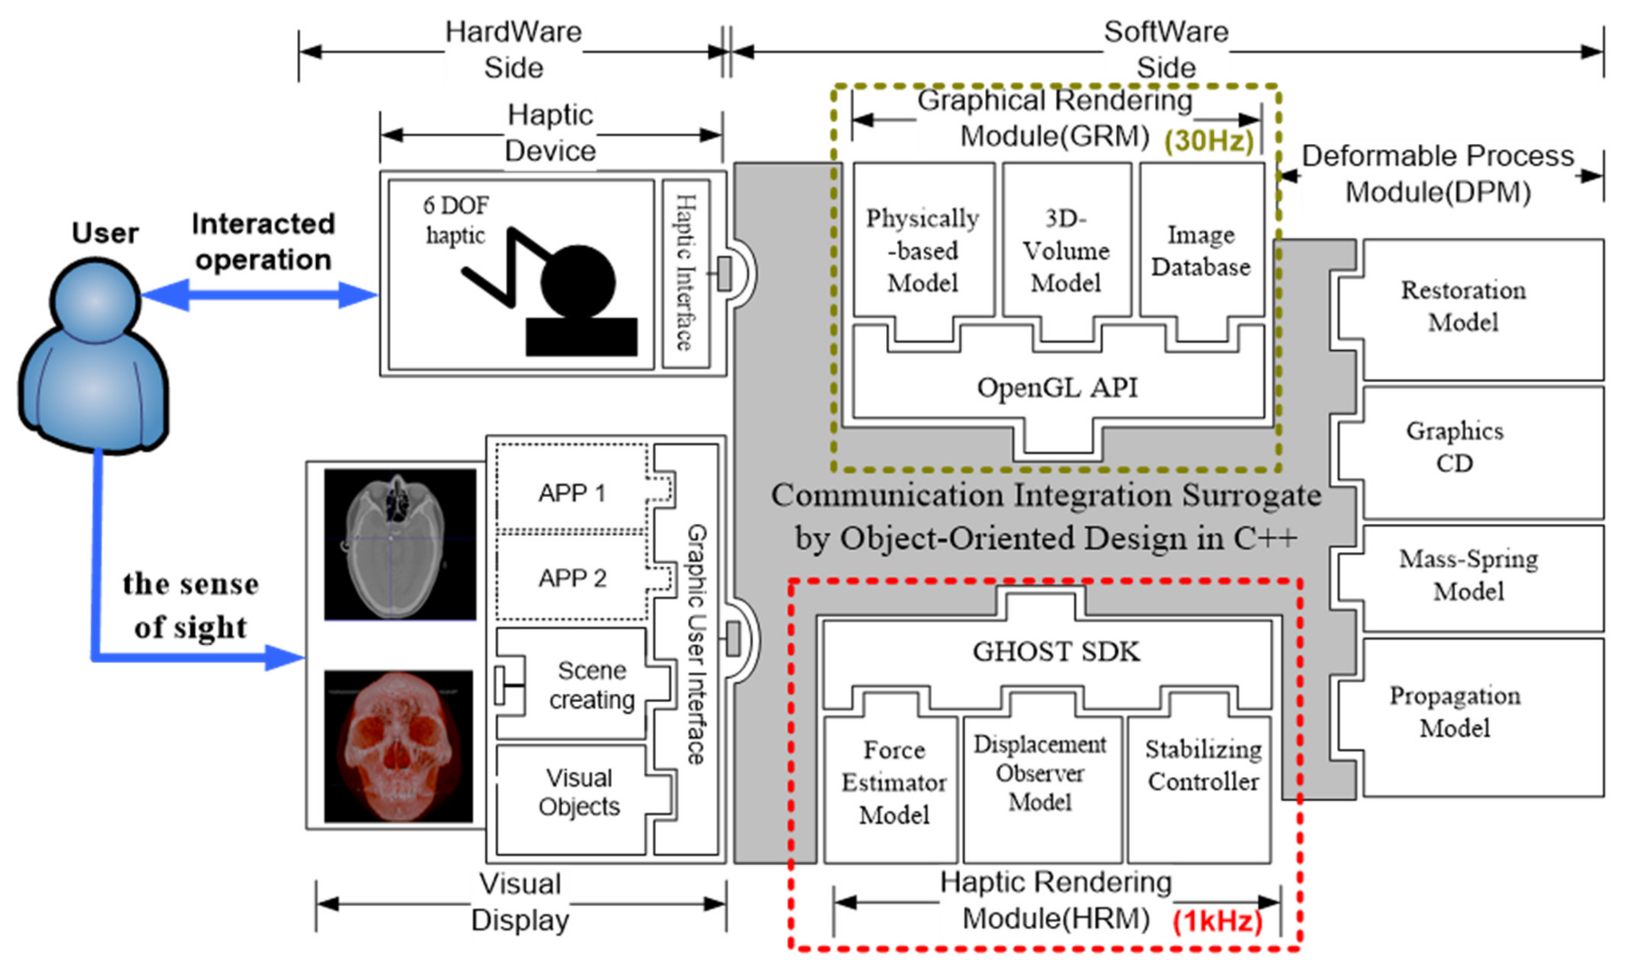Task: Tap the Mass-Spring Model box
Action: coord(1468,575)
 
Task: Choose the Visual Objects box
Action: coord(579,793)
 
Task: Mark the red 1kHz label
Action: coord(1217,921)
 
